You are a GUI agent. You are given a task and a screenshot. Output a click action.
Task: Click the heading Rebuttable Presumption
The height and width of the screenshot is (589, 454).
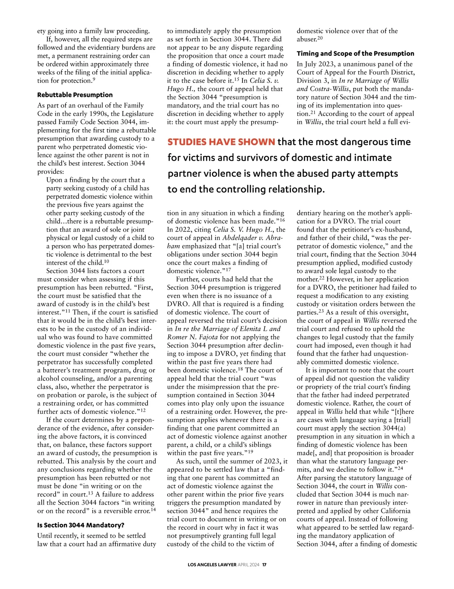tap(75, 95)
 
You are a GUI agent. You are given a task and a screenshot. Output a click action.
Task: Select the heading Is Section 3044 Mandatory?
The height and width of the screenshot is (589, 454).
tap(81, 525)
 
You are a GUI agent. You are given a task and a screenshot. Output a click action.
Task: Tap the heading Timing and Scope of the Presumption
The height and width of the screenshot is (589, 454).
tap(355, 54)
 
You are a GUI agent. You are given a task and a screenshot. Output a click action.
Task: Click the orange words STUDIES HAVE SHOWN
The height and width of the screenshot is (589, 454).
tap(221, 142)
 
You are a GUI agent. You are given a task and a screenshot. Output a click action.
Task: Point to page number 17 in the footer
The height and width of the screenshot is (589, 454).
tap(264, 565)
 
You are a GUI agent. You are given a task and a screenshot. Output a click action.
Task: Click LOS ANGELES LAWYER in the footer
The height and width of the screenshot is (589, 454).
tap(212, 565)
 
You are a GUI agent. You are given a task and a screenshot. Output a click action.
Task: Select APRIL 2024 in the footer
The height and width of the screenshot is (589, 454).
tap(249, 565)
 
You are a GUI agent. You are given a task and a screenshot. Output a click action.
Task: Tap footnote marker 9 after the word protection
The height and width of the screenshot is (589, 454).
tap(94, 79)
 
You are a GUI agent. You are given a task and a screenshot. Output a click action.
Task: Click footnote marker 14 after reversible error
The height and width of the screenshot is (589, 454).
tap(153, 509)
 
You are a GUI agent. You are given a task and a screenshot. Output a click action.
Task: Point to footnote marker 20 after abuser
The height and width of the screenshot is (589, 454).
tap(320, 38)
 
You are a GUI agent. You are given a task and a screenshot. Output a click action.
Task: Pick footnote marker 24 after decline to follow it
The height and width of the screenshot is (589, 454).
tap(400, 468)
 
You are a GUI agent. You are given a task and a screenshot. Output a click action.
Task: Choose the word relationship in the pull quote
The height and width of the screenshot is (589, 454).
tap(295, 189)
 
